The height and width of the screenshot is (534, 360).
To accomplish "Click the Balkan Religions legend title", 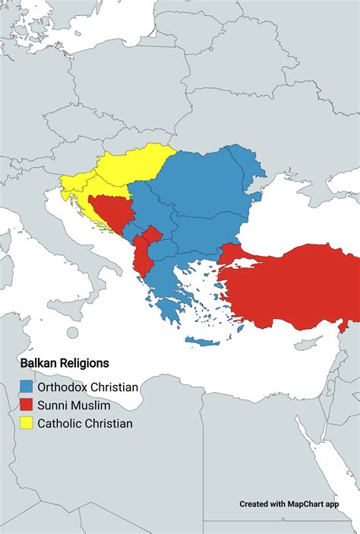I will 65,364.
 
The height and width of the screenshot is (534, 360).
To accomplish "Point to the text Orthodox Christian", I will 88,387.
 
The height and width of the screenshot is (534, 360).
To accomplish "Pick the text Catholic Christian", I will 85,423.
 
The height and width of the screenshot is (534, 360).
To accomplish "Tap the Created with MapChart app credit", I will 289,504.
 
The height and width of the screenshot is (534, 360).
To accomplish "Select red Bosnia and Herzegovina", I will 110,213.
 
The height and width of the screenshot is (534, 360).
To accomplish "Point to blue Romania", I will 205,182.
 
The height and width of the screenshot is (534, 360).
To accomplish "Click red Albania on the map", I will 142,258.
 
